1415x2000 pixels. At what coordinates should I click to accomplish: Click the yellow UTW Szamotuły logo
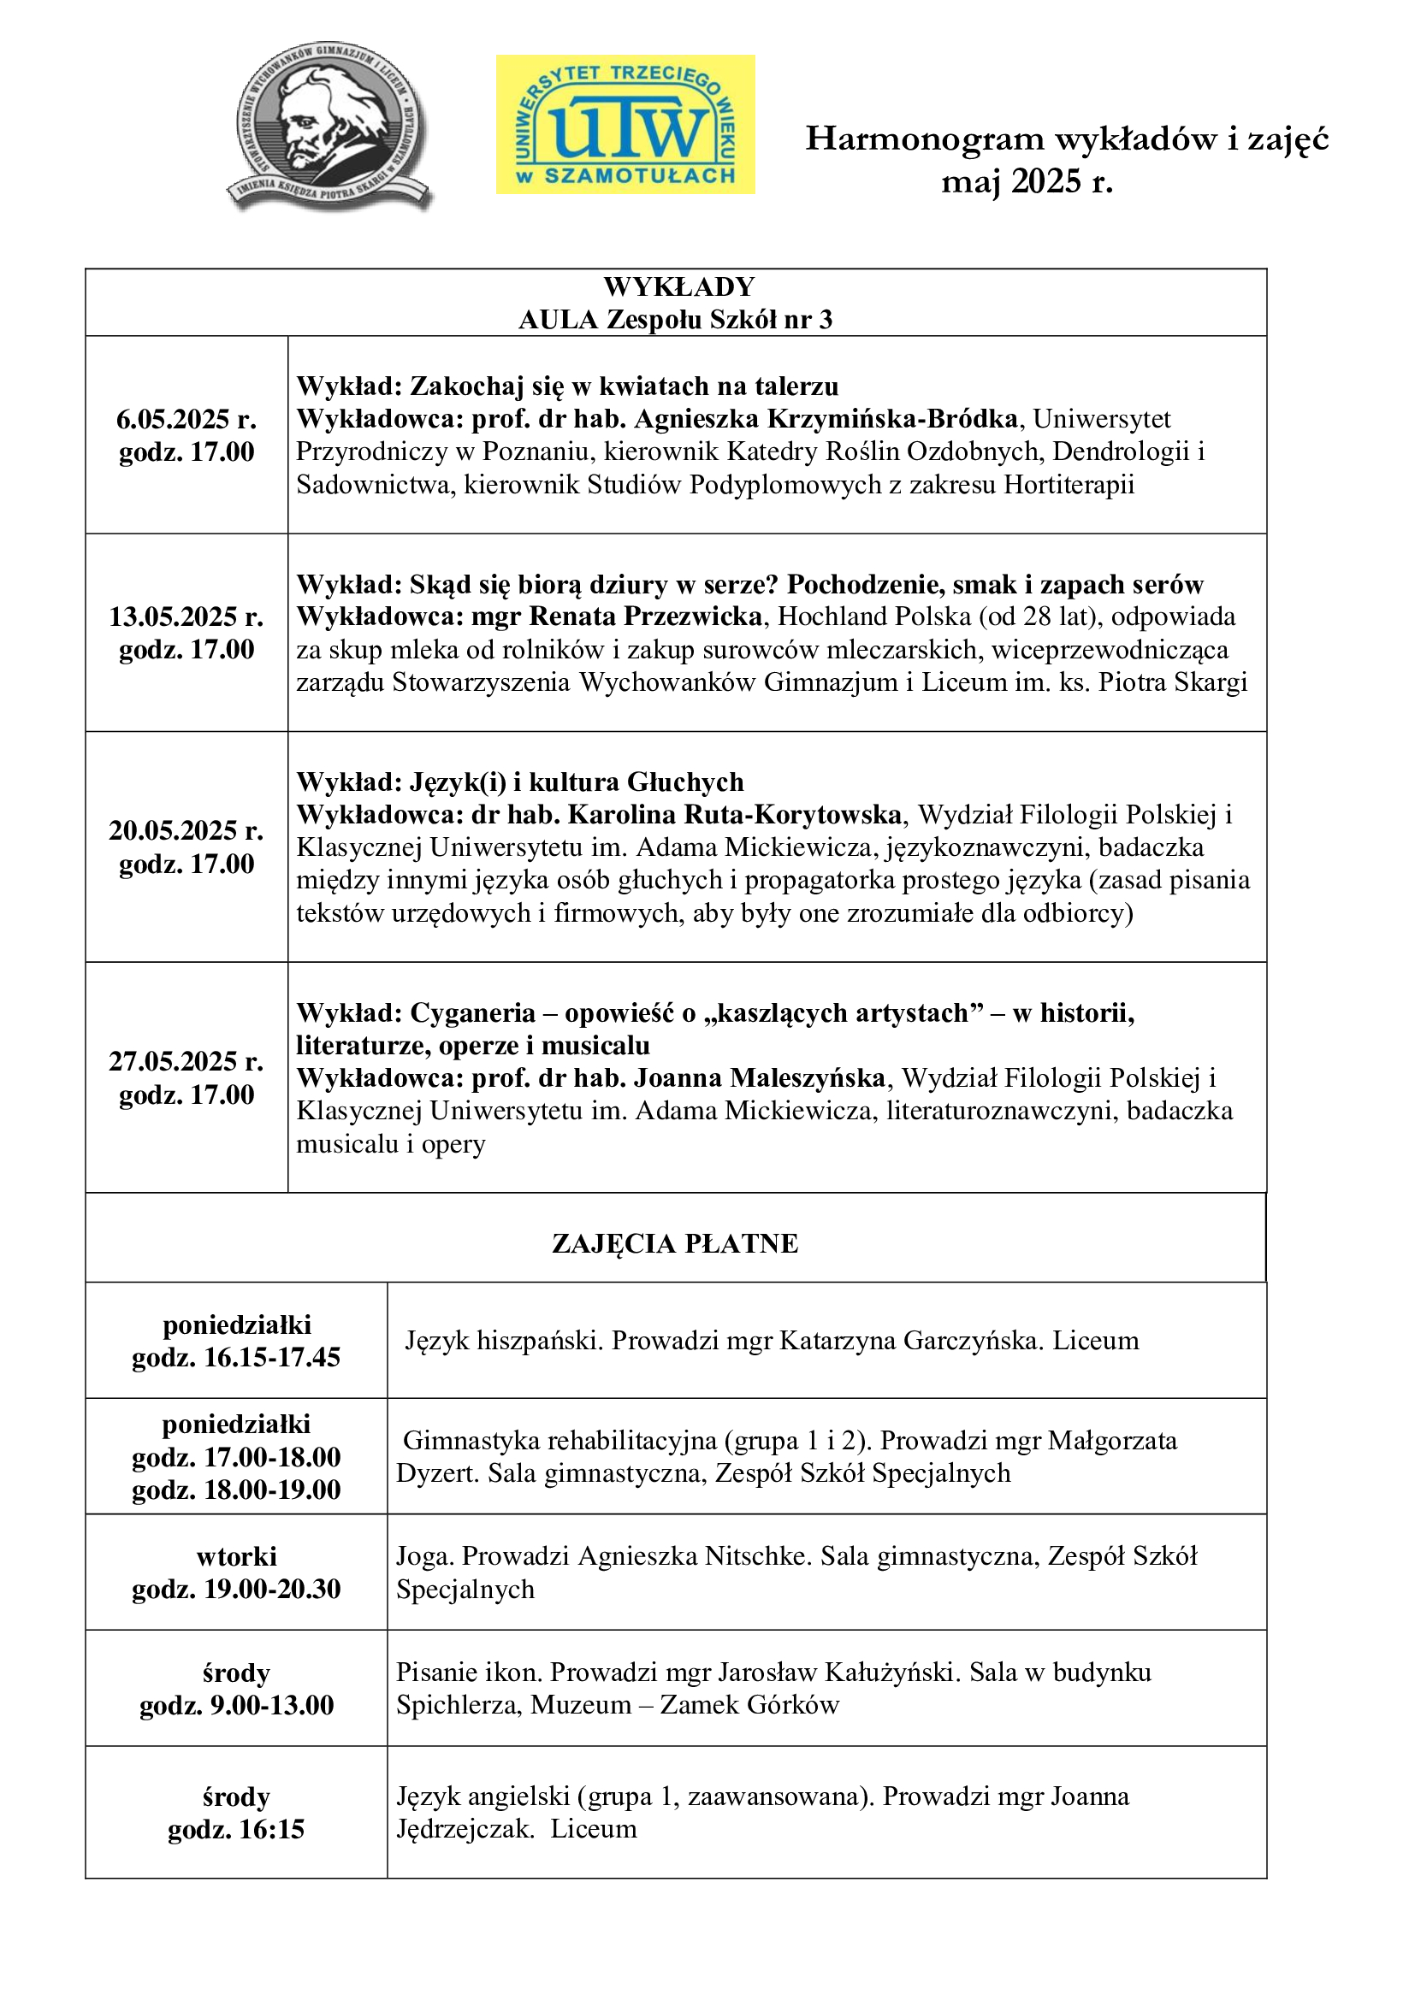(625, 125)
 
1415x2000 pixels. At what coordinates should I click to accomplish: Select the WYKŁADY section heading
(678, 286)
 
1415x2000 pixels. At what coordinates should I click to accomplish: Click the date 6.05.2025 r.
(186, 419)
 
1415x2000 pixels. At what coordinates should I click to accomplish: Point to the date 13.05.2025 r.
(186, 617)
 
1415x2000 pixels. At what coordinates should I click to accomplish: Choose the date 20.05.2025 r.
(186, 830)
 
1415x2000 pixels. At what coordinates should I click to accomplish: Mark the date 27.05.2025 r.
(186, 1061)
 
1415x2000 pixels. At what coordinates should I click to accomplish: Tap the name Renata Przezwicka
(646, 617)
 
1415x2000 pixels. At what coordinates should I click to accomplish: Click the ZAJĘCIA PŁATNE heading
(675, 1243)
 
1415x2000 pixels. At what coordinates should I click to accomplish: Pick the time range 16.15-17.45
(272, 1358)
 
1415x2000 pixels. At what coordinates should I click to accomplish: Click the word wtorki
(236, 1556)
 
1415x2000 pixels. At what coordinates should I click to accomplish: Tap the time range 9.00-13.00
(272, 1705)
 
